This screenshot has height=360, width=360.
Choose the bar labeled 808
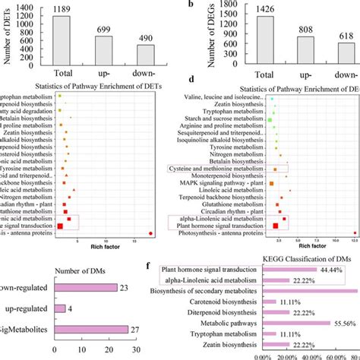304,49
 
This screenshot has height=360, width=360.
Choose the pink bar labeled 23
83,287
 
